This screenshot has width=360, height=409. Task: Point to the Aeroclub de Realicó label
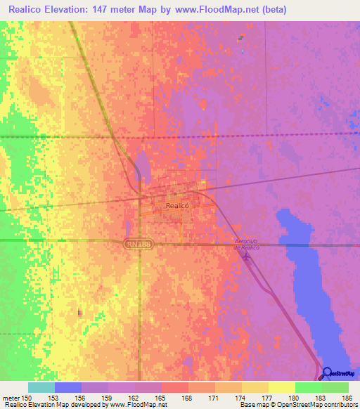point(247,245)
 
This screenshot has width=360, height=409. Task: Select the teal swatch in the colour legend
point(41,387)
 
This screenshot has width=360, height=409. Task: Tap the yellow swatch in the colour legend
point(281,387)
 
